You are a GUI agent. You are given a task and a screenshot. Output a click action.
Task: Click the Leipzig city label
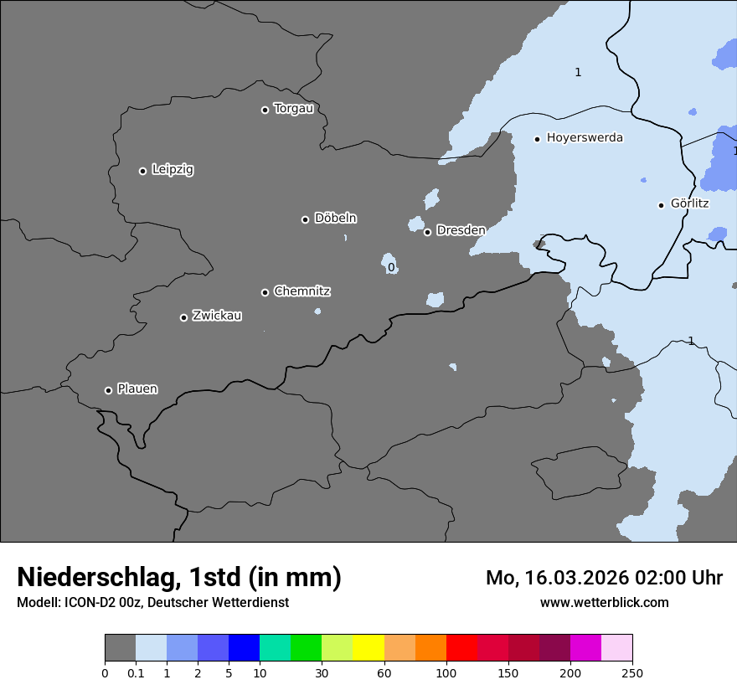click(173, 169)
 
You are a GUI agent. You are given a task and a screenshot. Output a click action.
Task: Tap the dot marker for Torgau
click(265, 110)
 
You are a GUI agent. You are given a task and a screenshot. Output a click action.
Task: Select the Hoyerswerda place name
click(585, 137)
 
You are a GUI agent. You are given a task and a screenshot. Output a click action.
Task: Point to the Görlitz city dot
click(661, 205)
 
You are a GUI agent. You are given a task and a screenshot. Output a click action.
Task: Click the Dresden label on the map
click(461, 230)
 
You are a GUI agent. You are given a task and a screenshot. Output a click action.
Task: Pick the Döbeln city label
click(335, 218)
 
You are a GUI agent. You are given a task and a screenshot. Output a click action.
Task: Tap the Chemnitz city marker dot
click(265, 292)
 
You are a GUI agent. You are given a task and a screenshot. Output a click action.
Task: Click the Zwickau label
click(217, 316)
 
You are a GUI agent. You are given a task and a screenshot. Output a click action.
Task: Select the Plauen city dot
click(108, 390)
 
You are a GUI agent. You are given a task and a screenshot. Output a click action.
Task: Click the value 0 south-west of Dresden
click(391, 268)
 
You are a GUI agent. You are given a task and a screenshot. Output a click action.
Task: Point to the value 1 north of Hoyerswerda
click(578, 73)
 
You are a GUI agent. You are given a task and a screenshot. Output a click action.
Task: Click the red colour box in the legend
click(461, 648)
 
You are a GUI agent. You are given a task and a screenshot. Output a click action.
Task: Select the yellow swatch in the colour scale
click(368, 648)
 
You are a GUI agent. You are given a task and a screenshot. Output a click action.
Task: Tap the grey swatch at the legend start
click(120, 648)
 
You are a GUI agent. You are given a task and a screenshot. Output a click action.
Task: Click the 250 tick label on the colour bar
click(632, 672)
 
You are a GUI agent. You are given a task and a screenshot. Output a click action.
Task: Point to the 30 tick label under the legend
click(322, 672)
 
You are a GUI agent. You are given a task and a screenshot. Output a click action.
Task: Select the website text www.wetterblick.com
click(604, 602)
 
